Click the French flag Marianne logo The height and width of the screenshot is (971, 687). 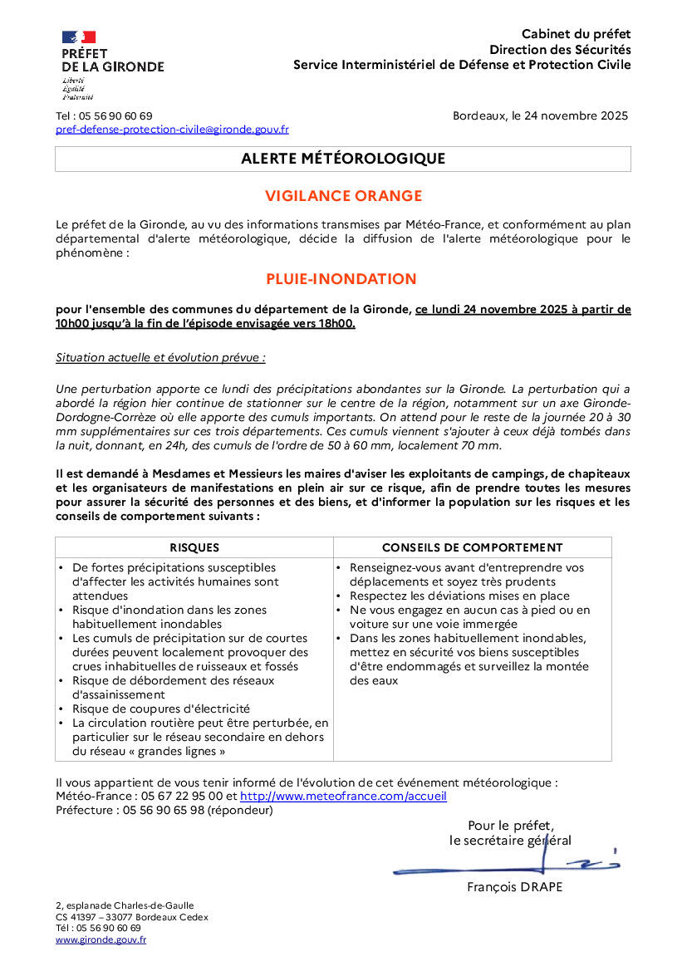point(79,37)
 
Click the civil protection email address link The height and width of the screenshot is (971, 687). point(172,130)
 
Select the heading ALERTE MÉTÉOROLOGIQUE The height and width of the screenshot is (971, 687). point(343,159)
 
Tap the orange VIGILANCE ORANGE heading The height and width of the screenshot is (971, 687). point(343,196)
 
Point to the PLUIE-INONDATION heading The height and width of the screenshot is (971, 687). point(341,279)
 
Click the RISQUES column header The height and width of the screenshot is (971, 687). point(194,547)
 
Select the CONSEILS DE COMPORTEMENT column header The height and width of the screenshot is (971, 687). point(472,547)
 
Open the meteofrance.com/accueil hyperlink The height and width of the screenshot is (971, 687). point(343,796)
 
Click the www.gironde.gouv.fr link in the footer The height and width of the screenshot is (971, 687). point(101,939)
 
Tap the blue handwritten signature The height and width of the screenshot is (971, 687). point(507,866)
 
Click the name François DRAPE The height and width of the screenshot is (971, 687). point(514,887)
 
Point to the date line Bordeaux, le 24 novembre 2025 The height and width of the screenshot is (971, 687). point(540,116)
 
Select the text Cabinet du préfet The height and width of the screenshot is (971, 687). point(576,34)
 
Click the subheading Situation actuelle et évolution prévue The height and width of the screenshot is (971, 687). point(160,358)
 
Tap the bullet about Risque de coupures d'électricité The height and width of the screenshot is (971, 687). point(160,709)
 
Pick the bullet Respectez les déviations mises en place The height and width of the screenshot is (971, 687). point(459,596)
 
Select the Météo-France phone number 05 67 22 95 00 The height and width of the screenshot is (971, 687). point(174,796)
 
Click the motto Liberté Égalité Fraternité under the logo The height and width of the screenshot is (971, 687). point(77,89)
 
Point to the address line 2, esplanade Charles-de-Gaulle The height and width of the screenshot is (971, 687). point(125,905)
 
